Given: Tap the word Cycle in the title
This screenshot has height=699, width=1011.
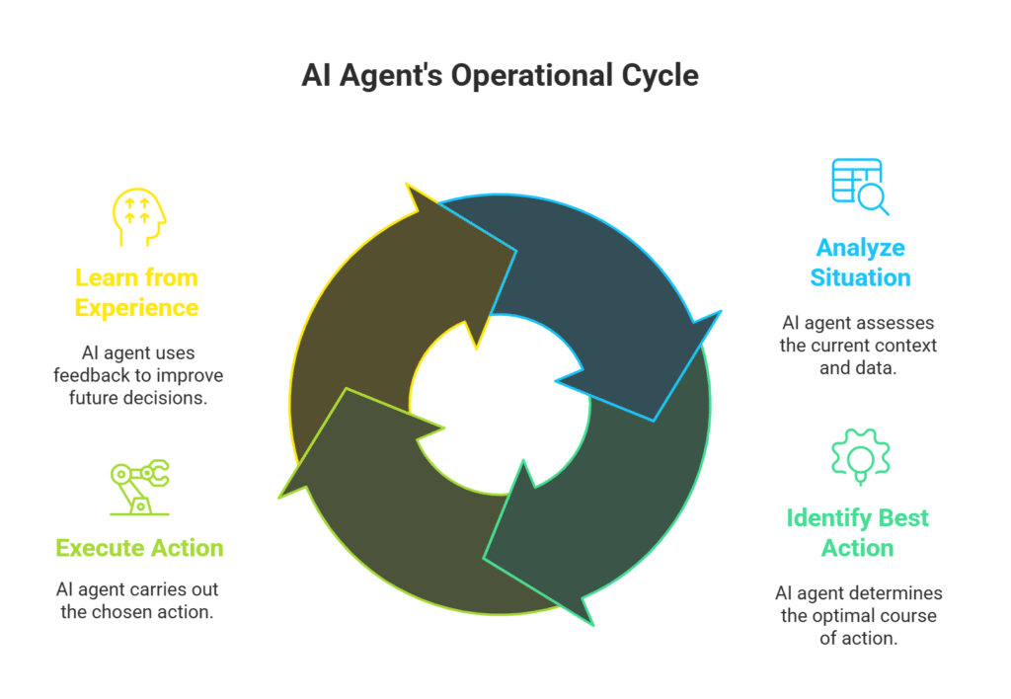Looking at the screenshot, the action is tap(661, 75).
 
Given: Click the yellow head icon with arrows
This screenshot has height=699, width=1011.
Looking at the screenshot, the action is tap(139, 216).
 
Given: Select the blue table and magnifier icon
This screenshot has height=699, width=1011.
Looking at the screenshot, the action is tap(860, 187).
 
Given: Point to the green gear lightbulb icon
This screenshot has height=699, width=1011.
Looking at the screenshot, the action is tap(861, 456).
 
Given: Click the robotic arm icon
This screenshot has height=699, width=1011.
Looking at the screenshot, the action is tap(139, 487).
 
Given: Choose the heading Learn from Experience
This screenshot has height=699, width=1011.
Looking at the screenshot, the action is tap(136, 293).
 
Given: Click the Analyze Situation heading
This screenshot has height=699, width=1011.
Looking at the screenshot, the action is tap(860, 263).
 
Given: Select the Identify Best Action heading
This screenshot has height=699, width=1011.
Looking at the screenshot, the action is tap(858, 532).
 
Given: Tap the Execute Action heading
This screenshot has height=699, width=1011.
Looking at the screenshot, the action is tap(139, 548).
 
